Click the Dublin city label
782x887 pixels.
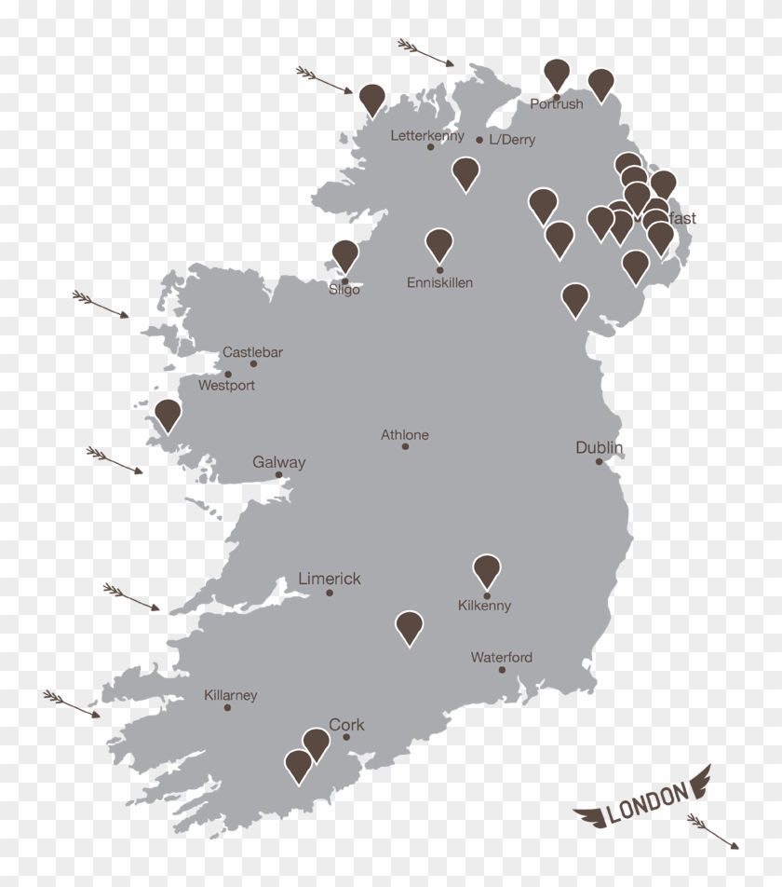coord(599,448)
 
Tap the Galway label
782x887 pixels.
coord(278,462)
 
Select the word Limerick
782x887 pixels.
coord(329,579)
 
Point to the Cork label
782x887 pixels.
coord(346,725)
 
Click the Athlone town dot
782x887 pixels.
coord(405,446)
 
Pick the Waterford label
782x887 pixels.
coord(501,658)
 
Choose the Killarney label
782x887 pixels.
coord(230,695)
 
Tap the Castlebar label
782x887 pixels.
coord(252,352)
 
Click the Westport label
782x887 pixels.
coord(226,385)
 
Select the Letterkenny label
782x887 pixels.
coord(427,136)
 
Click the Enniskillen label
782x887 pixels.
coord(439,282)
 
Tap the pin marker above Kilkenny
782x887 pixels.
coord(487,569)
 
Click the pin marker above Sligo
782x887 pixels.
coord(345,254)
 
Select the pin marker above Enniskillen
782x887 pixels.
coord(439,243)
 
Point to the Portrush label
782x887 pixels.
coord(557,104)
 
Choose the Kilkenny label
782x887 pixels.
coord(484,606)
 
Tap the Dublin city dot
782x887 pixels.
coord(599,461)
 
